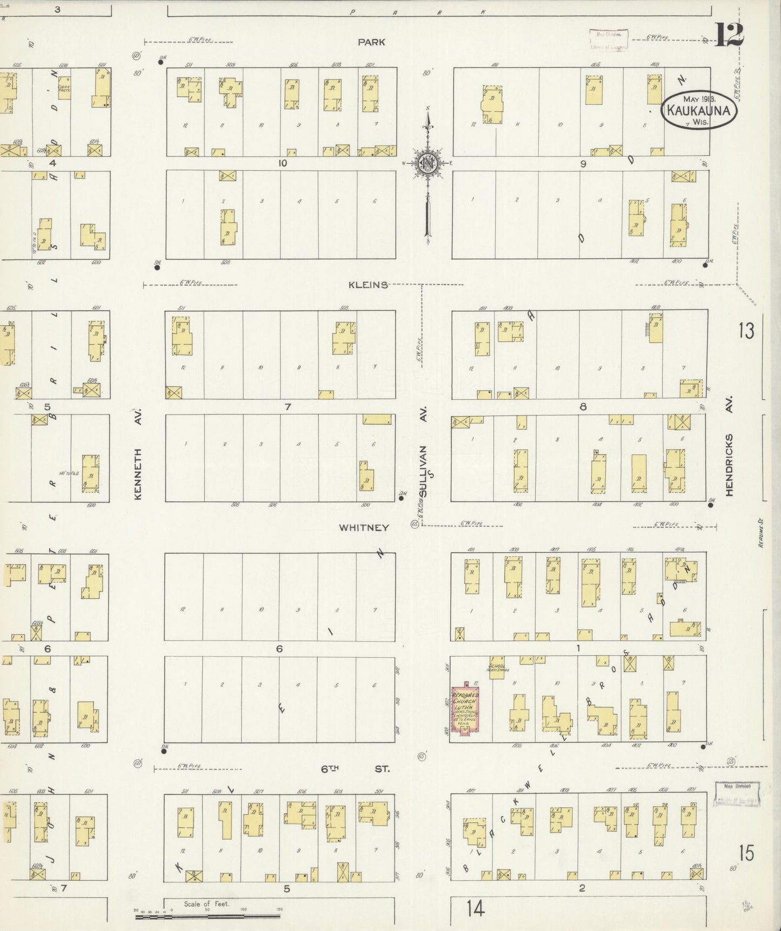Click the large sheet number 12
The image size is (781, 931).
click(730, 36)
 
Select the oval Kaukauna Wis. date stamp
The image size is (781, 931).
click(699, 110)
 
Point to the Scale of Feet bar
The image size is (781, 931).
click(208, 916)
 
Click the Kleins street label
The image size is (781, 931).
click(368, 285)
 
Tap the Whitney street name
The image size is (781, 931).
click(364, 527)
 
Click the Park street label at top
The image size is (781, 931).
click(371, 42)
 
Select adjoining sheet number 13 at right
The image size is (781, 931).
click(746, 330)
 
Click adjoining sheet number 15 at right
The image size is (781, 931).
click(746, 853)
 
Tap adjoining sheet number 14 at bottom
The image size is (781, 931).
click(476, 909)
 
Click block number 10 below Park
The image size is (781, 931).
click(282, 163)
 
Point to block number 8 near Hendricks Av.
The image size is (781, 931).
click(583, 406)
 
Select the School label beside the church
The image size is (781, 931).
click(496, 666)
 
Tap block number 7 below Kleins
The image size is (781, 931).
click(288, 406)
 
